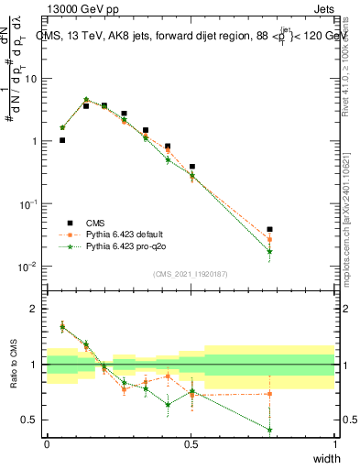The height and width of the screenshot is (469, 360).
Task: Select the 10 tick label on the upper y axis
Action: tap(32, 79)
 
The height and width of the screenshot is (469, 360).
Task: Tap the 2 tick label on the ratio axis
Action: tap(37, 309)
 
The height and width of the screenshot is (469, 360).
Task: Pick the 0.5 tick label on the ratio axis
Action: tap(33, 420)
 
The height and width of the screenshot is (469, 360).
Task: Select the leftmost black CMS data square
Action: tap(62, 140)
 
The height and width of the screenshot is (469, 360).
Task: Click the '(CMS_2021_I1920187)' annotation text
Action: tap(191, 273)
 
